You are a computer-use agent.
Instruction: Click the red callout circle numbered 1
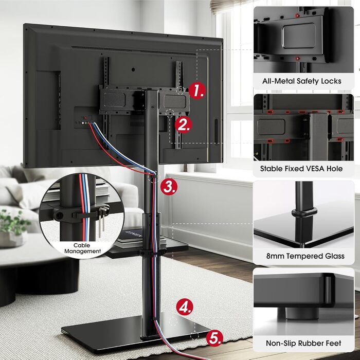(197, 91)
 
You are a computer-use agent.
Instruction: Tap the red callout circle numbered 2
(184, 125)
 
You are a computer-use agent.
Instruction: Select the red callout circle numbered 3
(169, 186)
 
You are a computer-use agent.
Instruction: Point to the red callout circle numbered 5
(215, 337)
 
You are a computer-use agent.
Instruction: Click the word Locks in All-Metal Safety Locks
(331, 81)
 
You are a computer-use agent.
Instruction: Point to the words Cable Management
(82, 248)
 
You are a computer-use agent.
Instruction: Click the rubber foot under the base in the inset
(298, 313)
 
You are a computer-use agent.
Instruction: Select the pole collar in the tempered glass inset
(304, 213)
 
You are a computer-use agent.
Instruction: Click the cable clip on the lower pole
(150, 252)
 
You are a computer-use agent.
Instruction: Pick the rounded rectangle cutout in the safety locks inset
(299, 35)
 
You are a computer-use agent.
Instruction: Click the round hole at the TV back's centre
(133, 69)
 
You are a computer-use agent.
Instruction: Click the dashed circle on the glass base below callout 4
(173, 321)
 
